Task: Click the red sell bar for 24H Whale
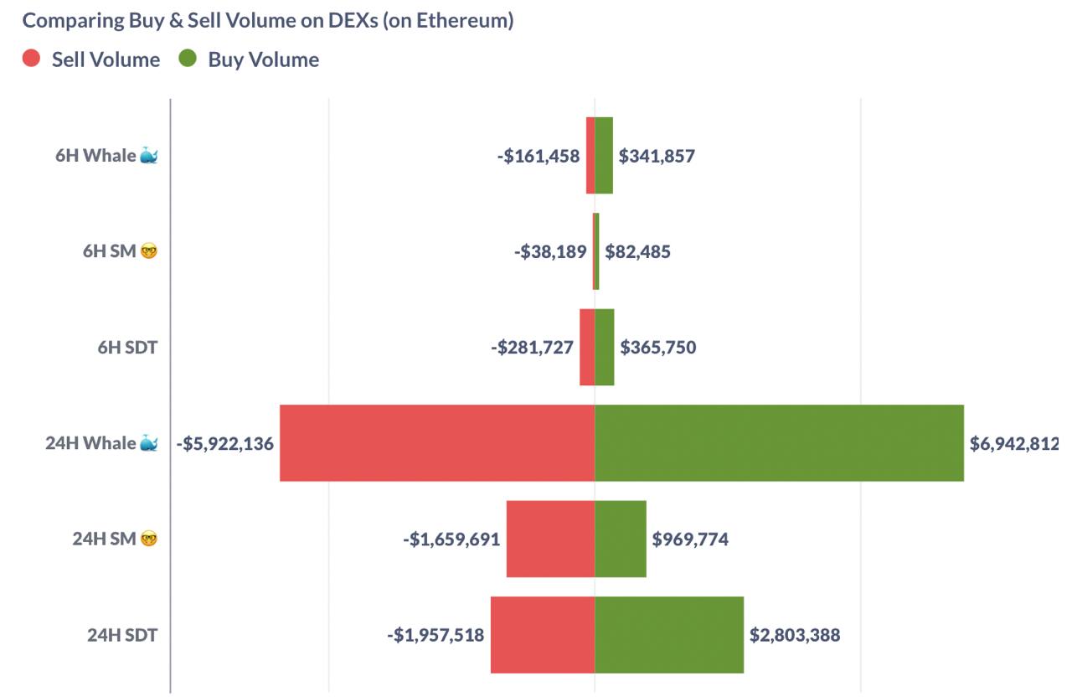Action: pyautogui.click(x=437, y=443)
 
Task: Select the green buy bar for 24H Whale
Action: pyautogui.click(x=779, y=443)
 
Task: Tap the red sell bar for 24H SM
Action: pyautogui.click(x=550, y=539)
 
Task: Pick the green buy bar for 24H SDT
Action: pyautogui.click(x=669, y=635)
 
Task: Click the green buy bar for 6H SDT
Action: pyautogui.click(x=605, y=348)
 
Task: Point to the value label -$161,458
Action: pyautogui.click(x=538, y=156)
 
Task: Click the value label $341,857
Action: pyautogui.click(x=657, y=156)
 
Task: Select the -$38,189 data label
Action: pyautogui.click(x=550, y=251)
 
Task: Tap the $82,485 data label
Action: pyautogui.click(x=637, y=251)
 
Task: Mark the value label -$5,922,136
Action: pyautogui.click(x=225, y=443)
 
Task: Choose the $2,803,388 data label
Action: pyautogui.click(x=795, y=635)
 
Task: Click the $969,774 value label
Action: pyautogui.click(x=690, y=539)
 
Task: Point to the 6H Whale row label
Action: pyautogui.click(x=95, y=156)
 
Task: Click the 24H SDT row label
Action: pyautogui.click(x=122, y=635)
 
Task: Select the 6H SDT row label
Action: pyautogui.click(x=127, y=348)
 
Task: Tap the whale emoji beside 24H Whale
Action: pyautogui.click(x=149, y=443)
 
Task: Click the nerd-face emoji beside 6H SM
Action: pyautogui.click(x=149, y=251)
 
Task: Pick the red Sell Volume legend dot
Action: pyautogui.click(x=32, y=59)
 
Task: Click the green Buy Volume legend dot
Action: pyautogui.click(x=188, y=59)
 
